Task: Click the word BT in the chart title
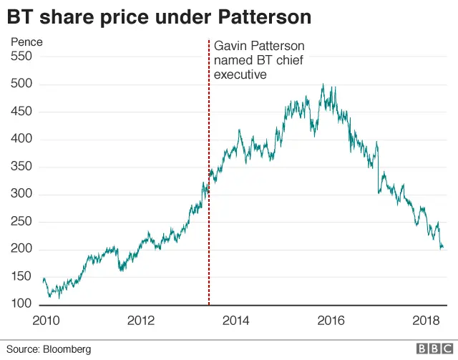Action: [20, 15]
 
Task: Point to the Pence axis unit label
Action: [26, 42]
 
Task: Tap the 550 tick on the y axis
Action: [21, 57]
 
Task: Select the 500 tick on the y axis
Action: [21, 84]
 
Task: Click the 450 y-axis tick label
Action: [21, 112]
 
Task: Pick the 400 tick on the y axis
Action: [21, 140]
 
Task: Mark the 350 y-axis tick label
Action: [21, 167]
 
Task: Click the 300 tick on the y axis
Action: [21, 195]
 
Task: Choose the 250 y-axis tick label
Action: [21, 222]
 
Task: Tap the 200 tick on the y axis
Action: [21, 250]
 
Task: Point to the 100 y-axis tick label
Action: [21, 305]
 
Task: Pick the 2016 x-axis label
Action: [330, 320]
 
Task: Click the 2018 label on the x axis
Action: [427, 320]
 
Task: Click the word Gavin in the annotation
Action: [230, 46]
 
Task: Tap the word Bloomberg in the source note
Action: [67, 349]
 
